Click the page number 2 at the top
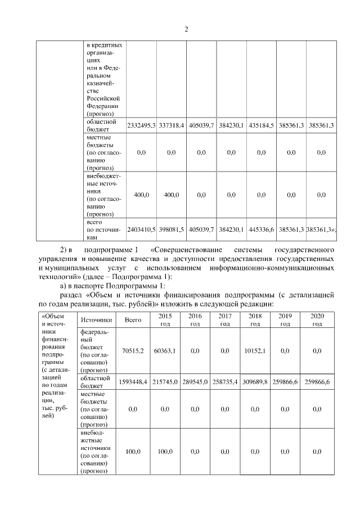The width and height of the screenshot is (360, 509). [186, 29]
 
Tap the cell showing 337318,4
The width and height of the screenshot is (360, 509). [171, 125]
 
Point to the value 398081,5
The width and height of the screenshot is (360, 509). [171, 230]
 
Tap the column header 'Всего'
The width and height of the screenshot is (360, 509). [133, 319]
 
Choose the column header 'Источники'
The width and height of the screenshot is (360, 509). [95, 319]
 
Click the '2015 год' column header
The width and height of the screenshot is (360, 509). [165, 319]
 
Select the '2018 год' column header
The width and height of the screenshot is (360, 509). [255, 319]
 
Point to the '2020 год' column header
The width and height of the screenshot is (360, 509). [317, 319]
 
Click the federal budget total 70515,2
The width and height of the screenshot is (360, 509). [133, 351]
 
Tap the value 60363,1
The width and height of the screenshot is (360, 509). [165, 351]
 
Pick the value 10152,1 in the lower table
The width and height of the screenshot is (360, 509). [255, 351]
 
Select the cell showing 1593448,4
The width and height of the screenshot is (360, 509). [133, 382]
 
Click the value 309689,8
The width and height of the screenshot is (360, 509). [255, 382]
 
